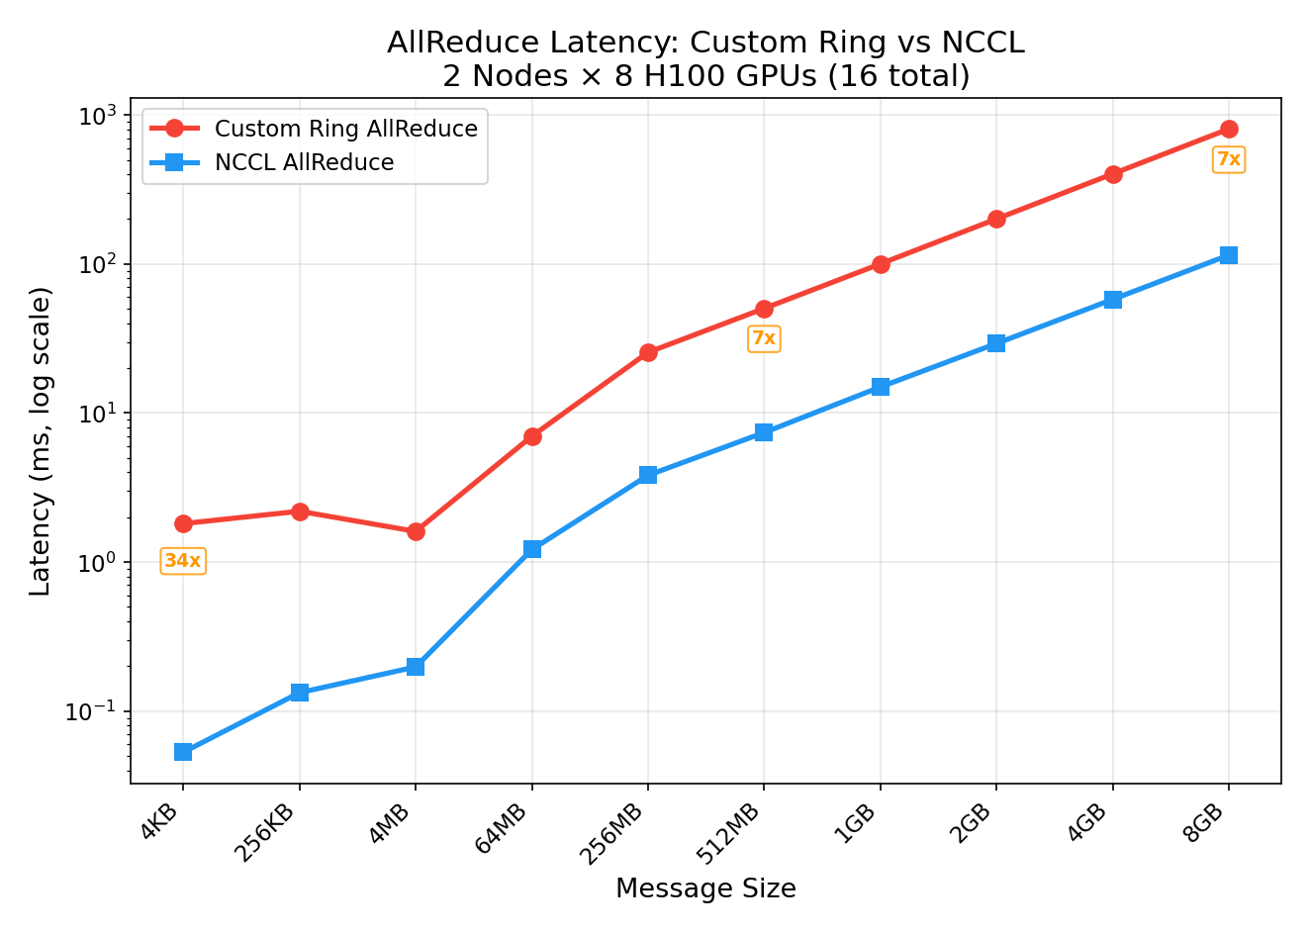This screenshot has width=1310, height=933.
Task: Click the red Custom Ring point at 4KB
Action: [183, 523]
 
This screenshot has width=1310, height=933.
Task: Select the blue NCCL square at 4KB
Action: [183, 752]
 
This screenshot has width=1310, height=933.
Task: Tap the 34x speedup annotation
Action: [183, 561]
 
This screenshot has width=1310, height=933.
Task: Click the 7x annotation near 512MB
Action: [764, 338]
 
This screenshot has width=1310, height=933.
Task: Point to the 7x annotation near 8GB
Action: [1228, 159]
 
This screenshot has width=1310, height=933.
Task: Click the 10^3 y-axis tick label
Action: [97, 116]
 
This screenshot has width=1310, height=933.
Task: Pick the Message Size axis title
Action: [705, 888]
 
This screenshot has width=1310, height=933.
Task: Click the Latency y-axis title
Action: [41, 441]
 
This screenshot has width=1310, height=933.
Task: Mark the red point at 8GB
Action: [1229, 129]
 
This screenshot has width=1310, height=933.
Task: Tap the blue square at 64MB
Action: [532, 549]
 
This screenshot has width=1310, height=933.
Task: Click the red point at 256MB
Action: [648, 352]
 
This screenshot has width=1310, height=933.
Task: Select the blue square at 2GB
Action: [996, 343]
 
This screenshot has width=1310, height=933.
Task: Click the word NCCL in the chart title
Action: [982, 43]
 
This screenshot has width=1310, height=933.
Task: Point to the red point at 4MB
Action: [416, 531]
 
